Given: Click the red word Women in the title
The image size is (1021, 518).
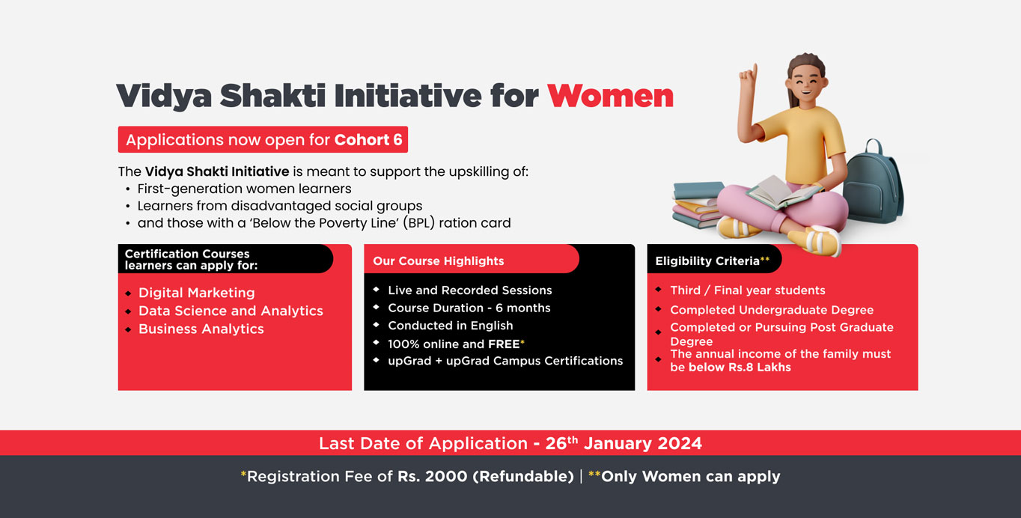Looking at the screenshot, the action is [x=610, y=96].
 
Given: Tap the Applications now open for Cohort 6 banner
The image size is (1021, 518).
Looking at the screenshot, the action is [x=263, y=139].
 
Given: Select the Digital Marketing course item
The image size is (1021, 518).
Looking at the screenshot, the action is [x=196, y=293].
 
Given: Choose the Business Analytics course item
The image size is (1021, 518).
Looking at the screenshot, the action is [x=201, y=329].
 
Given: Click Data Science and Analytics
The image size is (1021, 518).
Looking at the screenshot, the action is [x=231, y=311].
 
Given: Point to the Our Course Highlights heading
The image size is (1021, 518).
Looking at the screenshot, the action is [x=439, y=260].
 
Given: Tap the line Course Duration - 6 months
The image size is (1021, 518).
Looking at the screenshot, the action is [x=469, y=308].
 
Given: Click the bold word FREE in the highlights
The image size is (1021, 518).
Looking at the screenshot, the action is [x=504, y=344].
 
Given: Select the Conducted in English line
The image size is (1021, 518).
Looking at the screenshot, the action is [x=451, y=326].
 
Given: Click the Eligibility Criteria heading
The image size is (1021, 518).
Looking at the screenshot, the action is [x=707, y=260].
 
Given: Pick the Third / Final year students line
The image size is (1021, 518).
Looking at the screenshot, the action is [x=748, y=290].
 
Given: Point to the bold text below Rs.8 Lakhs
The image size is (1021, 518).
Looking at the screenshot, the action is [x=740, y=367].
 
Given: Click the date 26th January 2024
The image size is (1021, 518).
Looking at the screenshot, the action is [x=624, y=443].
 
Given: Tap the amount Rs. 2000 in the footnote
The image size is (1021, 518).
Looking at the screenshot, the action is [x=432, y=477].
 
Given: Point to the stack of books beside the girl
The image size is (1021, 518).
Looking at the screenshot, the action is [x=698, y=204].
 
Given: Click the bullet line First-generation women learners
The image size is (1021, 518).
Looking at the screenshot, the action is [x=244, y=189].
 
